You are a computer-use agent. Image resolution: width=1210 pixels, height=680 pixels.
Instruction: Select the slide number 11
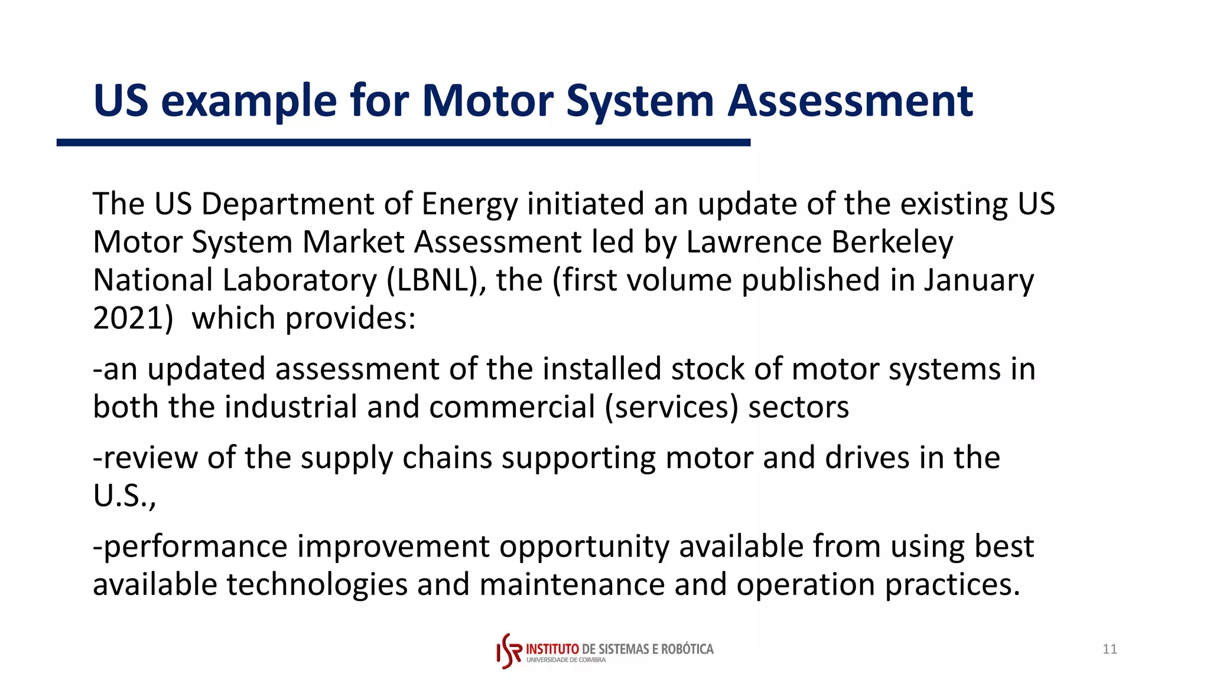click(x=1110, y=649)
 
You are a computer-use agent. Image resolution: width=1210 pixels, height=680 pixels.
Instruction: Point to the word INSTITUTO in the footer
click(x=552, y=649)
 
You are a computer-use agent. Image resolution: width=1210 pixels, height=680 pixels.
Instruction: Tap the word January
click(x=979, y=280)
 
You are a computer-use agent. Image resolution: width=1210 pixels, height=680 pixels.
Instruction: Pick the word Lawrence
click(x=754, y=242)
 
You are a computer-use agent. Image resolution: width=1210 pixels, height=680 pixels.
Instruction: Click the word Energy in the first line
click(x=469, y=204)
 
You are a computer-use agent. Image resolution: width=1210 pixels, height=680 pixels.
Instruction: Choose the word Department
click(x=288, y=204)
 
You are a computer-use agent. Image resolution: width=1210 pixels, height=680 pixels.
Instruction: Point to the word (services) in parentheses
click(x=671, y=407)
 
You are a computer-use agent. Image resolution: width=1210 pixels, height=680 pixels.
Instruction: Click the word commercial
click(x=512, y=407)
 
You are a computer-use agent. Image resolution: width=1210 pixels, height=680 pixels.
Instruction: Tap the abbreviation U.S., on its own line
click(x=125, y=496)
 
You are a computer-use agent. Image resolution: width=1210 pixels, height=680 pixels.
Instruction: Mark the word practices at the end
click(x=952, y=584)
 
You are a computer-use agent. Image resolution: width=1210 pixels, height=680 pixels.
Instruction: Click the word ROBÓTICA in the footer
click(x=687, y=649)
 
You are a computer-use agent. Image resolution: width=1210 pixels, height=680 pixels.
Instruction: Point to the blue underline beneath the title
click(x=403, y=142)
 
